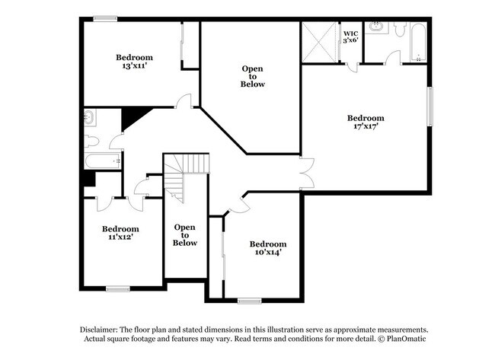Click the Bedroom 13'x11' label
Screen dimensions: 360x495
coord(134,62)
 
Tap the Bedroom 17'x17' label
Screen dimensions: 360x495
coord(366,123)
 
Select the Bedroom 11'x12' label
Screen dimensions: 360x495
coord(120,233)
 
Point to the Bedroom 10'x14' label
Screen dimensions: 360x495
coord(267,247)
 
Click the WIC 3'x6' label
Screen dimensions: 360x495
coord(350,37)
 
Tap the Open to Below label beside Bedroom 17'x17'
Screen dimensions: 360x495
coord(253,76)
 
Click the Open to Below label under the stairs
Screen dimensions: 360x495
coord(185,234)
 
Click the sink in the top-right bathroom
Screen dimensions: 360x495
coord(377,28)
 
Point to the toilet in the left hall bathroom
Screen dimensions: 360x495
coord(90,141)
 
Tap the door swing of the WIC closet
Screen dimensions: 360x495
coord(351,67)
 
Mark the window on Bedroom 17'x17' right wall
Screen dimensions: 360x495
coord(430,107)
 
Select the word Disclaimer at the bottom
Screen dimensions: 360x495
coord(104,329)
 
